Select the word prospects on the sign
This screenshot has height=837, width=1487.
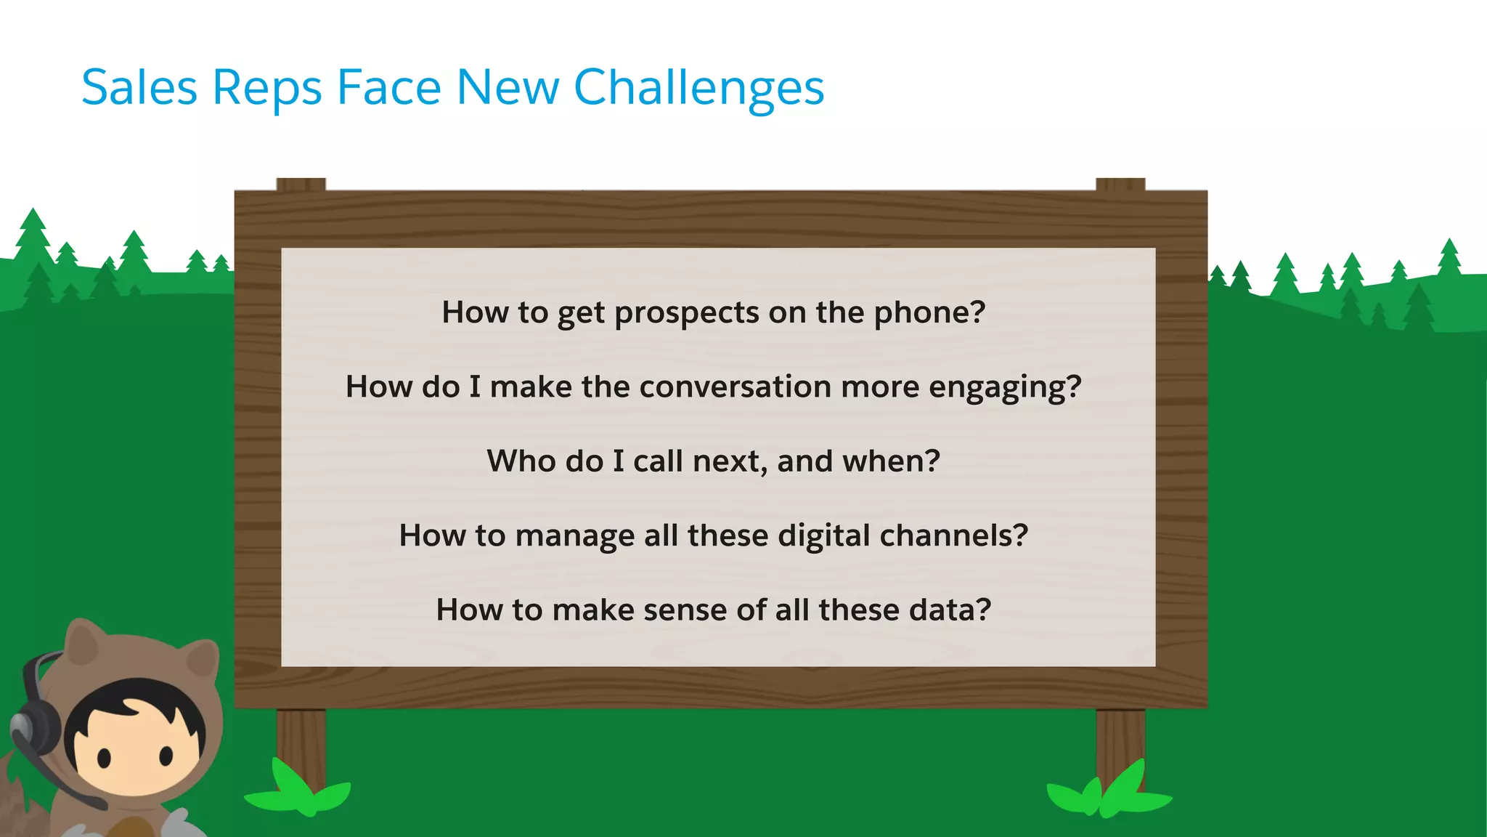coord(686,313)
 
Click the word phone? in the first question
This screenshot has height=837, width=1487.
coord(929,313)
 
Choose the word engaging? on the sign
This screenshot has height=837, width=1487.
coord(1005,387)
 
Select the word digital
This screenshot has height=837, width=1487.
coord(823,536)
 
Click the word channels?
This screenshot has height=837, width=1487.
coord(953,536)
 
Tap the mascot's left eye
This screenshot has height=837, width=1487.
coord(104,758)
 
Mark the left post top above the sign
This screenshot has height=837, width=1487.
coord(301,184)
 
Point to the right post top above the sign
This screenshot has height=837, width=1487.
coord(1120,184)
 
